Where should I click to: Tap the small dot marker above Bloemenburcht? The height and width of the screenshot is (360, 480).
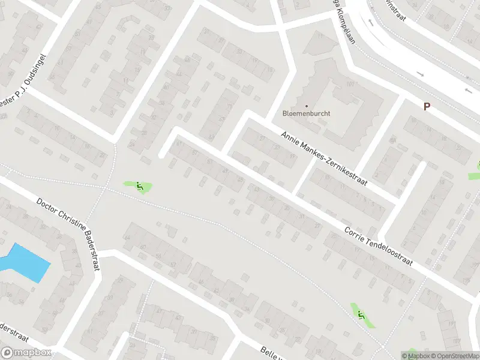[307, 106]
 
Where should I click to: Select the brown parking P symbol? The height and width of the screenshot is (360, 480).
[427, 106]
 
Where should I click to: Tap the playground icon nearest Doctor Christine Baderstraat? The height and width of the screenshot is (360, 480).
[140, 187]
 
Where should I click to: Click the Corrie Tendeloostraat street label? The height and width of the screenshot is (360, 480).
[379, 249]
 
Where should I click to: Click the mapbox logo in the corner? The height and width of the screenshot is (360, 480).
[25, 353]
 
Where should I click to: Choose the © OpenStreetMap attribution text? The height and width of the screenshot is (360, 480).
[449, 356]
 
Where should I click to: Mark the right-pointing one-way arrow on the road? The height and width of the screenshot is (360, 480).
[419, 74]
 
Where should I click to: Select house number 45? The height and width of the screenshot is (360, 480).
[241, 179]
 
